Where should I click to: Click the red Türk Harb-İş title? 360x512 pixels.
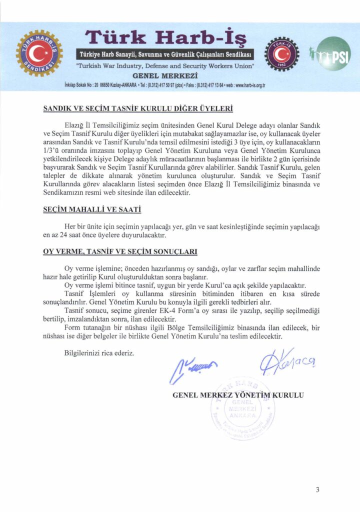click(165, 36)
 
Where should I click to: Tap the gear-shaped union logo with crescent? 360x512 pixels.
click(39, 53)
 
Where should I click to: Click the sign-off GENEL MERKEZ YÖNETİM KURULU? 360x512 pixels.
click(238, 395)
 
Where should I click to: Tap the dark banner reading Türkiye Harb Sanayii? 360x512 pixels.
click(165, 54)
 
